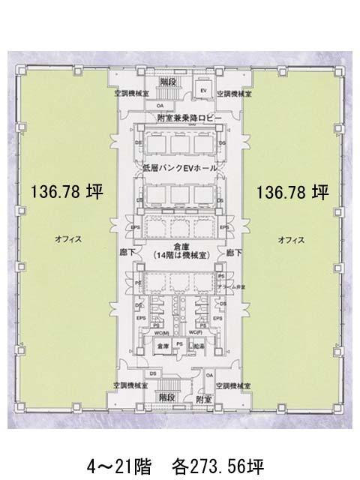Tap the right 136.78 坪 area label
pos(292,193)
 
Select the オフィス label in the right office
pos(290,239)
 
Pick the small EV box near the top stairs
pos(202,91)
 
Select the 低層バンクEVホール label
pos(178,169)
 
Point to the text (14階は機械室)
pos(179,255)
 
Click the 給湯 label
pos(199,345)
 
